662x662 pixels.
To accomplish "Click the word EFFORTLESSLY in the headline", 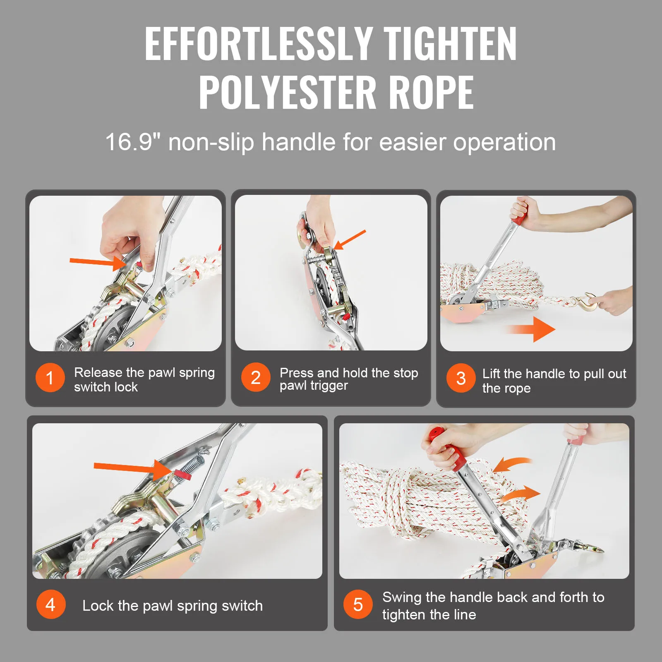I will pos(258,43).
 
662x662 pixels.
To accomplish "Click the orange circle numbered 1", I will pos(50,378).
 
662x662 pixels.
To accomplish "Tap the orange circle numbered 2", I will pos(256,377).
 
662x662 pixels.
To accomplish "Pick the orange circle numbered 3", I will pos(461,378).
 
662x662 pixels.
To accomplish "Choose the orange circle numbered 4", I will pos(50,604).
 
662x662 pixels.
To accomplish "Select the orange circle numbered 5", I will pos(358,604).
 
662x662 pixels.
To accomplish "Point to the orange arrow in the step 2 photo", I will pos(350,240).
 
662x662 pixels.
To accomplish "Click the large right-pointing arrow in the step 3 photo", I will pos(532,329).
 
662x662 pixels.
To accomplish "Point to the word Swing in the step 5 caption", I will pos(402,597).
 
